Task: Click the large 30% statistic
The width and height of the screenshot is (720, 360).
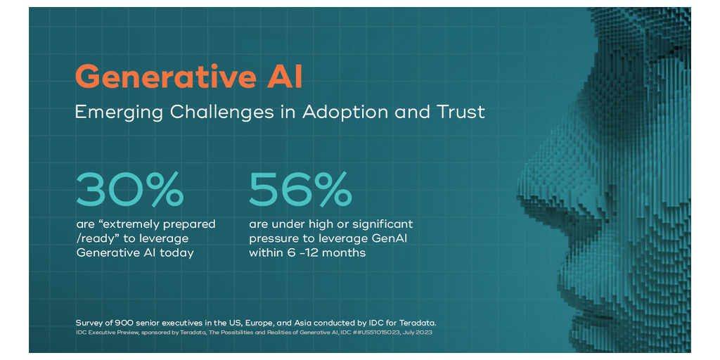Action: click(x=130, y=189)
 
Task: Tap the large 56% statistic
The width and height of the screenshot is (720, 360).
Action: click(x=301, y=189)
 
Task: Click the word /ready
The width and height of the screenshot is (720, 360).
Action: click(x=95, y=239)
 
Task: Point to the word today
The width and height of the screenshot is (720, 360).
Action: click(x=176, y=253)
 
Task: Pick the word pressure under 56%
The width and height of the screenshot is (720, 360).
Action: click(x=276, y=239)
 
